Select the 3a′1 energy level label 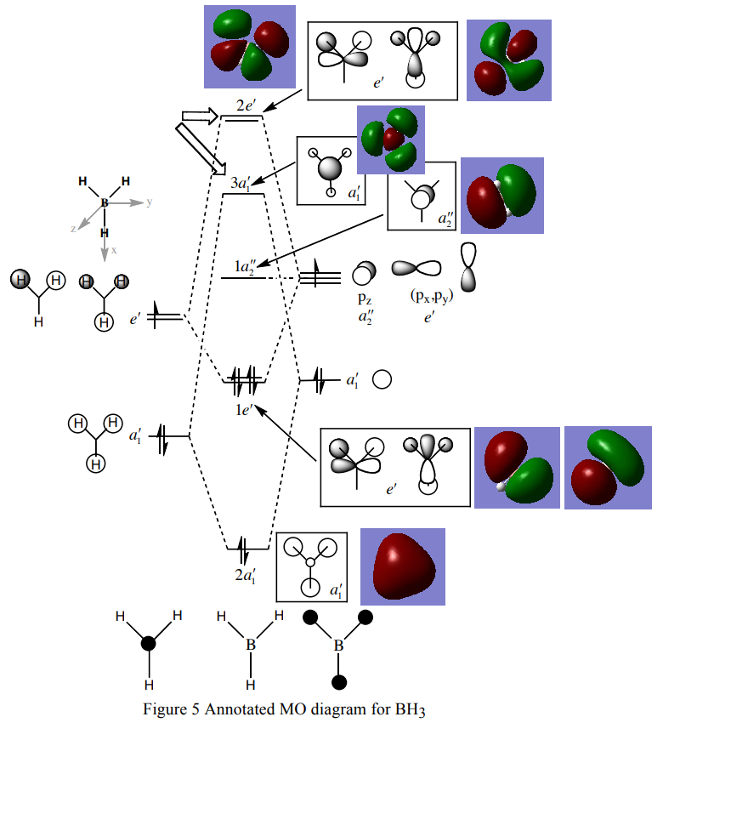coord(240,183)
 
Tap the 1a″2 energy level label coord(250,267)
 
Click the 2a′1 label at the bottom coord(246,576)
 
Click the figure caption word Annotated coord(241,710)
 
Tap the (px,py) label coord(432,295)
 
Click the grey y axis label coord(150,202)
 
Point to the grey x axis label coord(112,251)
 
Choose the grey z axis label coord(74,229)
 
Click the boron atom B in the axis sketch coord(105,203)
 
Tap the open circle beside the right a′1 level coord(382,379)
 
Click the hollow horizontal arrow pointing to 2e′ coord(201,117)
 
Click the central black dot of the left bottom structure coord(148,644)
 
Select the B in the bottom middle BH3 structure coord(251,646)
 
